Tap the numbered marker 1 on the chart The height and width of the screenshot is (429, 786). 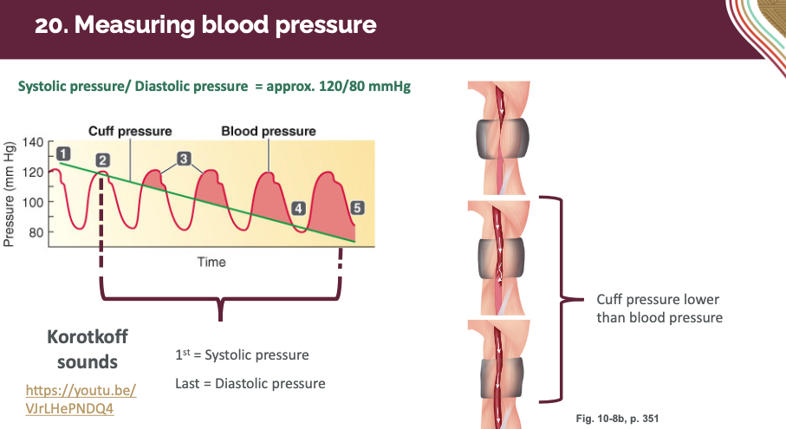click(x=63, y=153)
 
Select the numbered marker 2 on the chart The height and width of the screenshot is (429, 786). click(x=103, y=159)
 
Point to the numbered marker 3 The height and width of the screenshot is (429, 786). click(x=184, y=159)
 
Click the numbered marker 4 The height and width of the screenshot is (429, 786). click(x=298, y=208)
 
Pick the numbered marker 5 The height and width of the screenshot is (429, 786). click(x=358, y=208)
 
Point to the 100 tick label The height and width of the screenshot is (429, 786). click(x=33, y=202)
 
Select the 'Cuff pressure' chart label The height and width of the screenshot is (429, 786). click(x=130, y=132)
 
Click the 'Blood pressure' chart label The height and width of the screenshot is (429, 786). click(x=268, y=132)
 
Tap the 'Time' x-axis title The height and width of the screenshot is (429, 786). click(x=211, y=262)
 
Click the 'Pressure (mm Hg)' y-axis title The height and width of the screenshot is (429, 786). click(x=10, y=193)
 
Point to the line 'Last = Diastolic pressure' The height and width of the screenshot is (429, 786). click(x=250, y=383)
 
